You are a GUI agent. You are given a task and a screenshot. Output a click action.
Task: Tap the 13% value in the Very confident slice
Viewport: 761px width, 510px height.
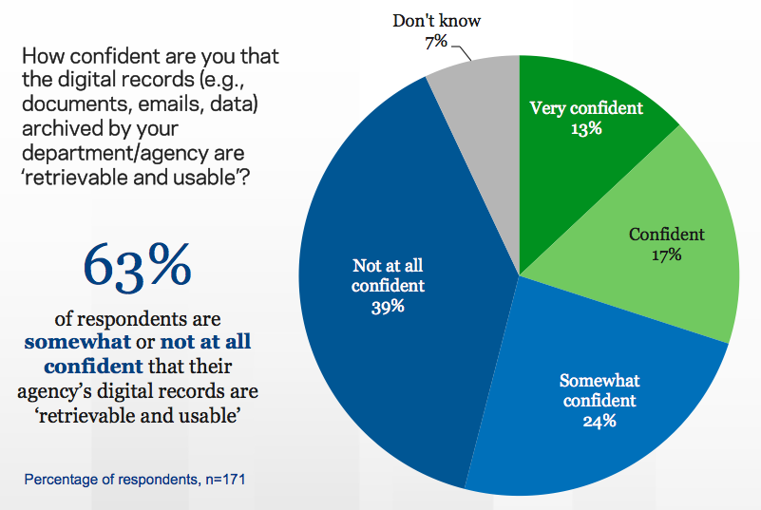click(x=586, y=127)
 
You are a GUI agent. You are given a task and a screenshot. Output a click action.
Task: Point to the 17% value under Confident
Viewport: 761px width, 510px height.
click(x=667, y=255)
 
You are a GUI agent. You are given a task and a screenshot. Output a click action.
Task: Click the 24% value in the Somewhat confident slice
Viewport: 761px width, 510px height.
click(x=599, y=420)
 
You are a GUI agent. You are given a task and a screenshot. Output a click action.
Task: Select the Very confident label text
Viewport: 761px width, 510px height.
click(x=586, y=107)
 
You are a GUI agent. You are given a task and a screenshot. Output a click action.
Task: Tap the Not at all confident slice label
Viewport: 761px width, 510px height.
click(x=389, y=275)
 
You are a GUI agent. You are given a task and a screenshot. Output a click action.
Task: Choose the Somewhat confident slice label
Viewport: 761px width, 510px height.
click(x=599, y=390)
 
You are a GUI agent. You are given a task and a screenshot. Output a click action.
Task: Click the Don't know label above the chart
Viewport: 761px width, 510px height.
click(x=438, y=19)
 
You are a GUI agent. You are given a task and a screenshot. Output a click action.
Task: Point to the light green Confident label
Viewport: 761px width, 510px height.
click(x=667, y=234)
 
